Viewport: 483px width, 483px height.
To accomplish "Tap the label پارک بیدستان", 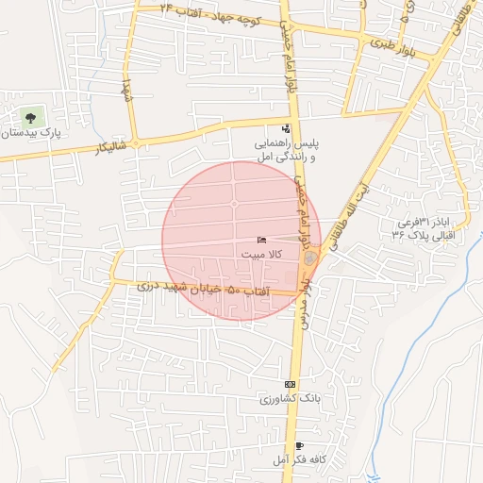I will tap(31, 136).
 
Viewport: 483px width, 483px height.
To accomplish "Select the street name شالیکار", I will tap(85, 150).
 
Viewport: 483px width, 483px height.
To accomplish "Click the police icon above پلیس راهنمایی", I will tap(286, 129).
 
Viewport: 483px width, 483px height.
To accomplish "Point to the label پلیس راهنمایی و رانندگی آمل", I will tap(285, 150).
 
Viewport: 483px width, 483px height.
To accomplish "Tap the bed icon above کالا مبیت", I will tap(261, 241).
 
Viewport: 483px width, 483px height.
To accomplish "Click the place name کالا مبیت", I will tap(260, 255).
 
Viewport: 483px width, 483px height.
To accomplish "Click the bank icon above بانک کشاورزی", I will tap(290, 385).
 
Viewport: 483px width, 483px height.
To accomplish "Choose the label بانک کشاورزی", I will tap(291, 399).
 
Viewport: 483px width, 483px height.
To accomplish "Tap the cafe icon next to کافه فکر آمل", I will tap(300, 445).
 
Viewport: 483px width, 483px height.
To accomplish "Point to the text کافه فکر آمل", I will tap(298, 459).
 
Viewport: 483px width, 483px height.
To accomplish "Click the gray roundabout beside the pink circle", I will tap(310, 257).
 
